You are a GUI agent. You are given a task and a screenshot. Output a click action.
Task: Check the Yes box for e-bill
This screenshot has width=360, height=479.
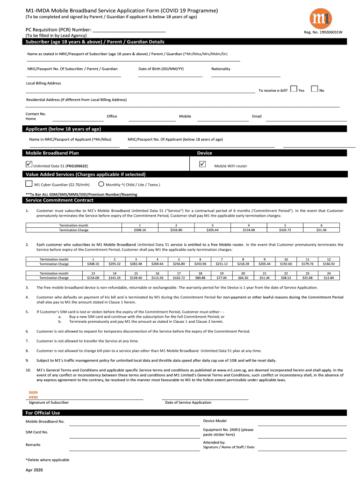coord(293,88)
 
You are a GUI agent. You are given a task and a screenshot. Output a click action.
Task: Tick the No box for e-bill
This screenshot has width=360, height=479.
coord(314,88)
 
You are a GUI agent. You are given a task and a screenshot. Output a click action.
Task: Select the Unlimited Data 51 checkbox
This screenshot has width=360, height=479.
coord(29,164)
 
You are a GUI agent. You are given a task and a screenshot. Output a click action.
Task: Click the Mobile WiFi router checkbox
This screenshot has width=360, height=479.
coord(202,164)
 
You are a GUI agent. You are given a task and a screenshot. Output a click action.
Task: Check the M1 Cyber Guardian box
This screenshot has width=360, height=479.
coord(29,183)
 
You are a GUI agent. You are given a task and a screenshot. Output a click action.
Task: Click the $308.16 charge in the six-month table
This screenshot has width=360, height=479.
coord(140,230)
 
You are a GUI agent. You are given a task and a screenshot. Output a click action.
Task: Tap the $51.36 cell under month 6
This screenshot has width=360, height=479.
coord(321,230)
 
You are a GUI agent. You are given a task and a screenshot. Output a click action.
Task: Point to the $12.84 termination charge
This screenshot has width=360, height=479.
coord(329,277)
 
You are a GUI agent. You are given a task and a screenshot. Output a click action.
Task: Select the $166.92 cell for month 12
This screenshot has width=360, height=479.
coord(329,264)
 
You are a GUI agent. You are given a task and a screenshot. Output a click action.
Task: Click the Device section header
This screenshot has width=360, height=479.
coord(205,153)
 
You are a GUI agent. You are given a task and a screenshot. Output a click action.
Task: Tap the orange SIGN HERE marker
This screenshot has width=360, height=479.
coord(34,394)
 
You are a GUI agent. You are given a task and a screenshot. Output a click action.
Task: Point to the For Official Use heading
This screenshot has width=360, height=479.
coord(43,413)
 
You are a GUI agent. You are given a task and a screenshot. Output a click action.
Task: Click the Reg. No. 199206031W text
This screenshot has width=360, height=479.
coord(324,32)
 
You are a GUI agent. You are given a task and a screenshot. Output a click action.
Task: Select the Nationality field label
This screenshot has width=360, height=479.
coord(221,69)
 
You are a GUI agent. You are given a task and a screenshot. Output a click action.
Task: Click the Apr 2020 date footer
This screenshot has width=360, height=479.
coord(34,470)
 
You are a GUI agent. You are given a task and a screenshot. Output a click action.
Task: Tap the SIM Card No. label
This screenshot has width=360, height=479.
coord(37,432)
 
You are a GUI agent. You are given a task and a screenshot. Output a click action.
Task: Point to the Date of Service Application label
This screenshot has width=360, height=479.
coord(188,402)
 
